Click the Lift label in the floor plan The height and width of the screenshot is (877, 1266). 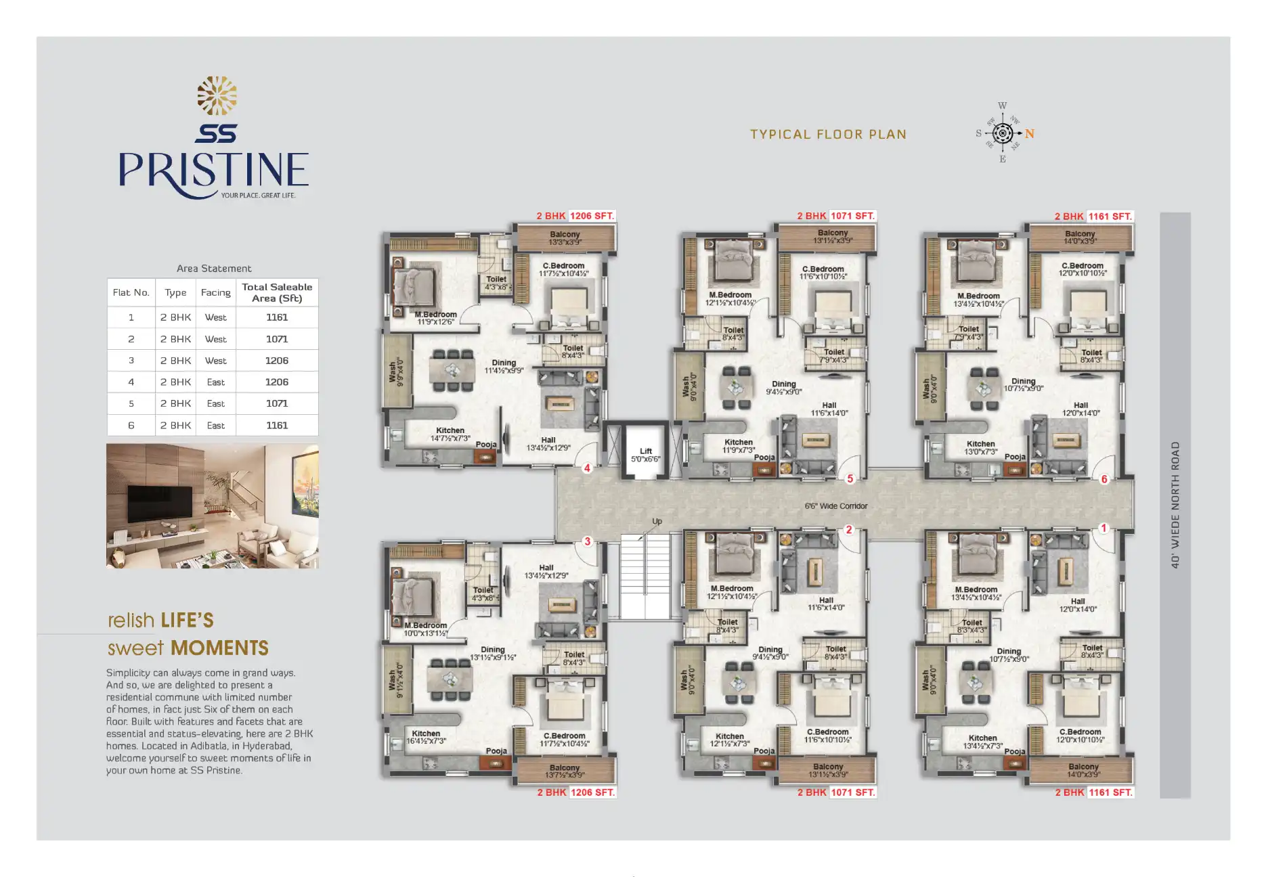645,451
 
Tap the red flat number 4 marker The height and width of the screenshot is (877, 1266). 587,468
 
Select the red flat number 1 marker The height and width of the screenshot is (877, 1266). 1104,528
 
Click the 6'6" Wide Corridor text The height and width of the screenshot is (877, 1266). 835,505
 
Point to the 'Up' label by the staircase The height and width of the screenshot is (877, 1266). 657,521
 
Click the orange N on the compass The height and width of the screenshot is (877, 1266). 1029,134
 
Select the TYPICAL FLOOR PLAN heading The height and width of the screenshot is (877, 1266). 828,134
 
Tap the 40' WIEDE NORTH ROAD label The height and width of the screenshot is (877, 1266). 1175,505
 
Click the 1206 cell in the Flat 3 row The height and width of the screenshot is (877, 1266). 276,361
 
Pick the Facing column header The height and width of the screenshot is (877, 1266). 215,292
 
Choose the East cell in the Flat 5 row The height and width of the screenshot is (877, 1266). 215,403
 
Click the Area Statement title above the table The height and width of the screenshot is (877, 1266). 214,269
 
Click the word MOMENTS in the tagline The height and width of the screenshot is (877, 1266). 220,648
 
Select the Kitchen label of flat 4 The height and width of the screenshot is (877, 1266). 450,430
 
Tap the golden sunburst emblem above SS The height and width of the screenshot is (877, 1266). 217,95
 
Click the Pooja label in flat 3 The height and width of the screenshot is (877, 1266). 496,750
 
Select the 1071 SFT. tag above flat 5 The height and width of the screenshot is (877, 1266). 852,216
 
